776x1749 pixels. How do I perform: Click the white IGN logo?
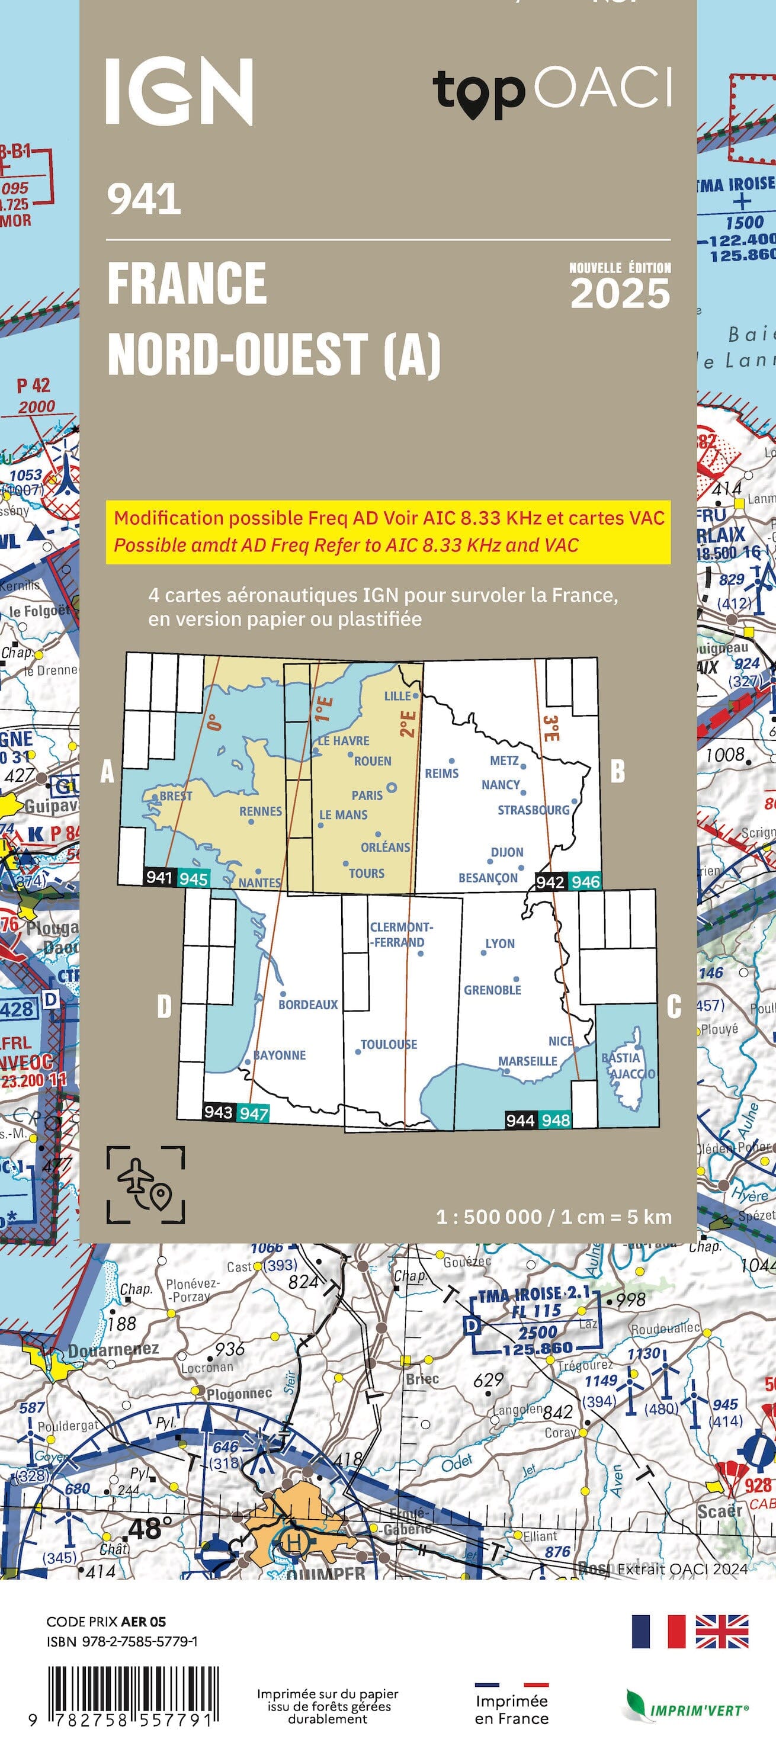coord(179,92)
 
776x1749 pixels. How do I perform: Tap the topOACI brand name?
coord(551,92)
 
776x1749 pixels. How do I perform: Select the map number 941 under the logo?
coord(144,200)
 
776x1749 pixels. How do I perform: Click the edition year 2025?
coord(620,293)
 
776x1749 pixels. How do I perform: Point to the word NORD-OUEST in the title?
coord(238,354)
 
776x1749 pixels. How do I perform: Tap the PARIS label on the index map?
coord(367,795)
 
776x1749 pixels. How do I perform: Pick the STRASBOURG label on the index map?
coord(533,810)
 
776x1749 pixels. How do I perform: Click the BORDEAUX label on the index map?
coord(307,1004)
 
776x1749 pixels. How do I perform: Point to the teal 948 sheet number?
coord(556,1120)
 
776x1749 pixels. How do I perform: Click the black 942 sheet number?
coord(550,881)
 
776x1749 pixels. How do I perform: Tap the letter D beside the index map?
coord(164,1006)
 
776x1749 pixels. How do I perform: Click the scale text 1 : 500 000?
coord(489,1217)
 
